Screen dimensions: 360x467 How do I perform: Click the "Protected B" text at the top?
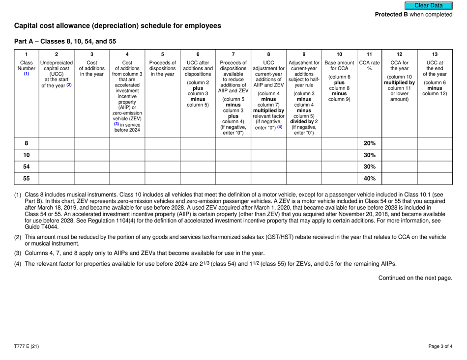[393, 15]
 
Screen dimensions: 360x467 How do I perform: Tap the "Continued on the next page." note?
[415, 277]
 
